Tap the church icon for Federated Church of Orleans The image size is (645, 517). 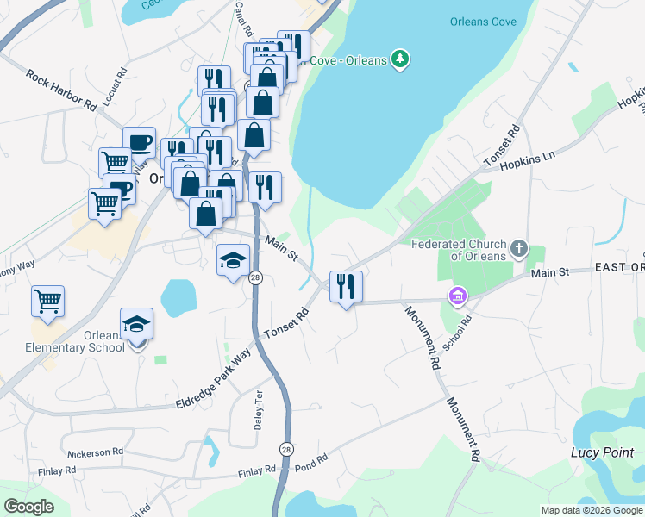click(518, 249)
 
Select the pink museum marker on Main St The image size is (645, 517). click(457, 296)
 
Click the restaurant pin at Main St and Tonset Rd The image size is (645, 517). click(346, 287)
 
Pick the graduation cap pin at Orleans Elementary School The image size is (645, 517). click(137, 325)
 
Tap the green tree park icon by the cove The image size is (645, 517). click(398, 59)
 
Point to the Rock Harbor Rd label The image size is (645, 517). click(61, 90)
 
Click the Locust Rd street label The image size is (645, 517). click(111, 86)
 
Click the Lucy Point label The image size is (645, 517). click(602, 452)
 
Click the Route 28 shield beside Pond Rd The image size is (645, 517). click(285, 449)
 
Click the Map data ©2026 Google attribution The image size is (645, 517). click(591, 510)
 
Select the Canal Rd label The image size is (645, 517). click(246, 16)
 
